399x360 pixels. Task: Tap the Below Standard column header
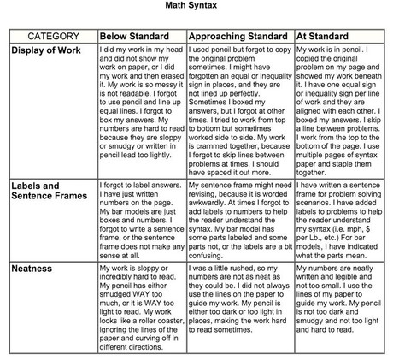click(x=138, y=37)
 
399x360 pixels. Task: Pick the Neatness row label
click(x=33, y=267)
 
